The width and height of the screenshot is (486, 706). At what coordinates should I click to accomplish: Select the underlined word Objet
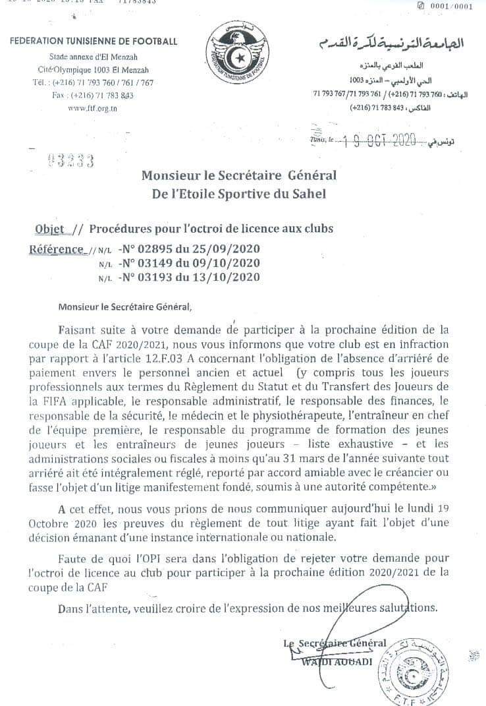pos(49,229)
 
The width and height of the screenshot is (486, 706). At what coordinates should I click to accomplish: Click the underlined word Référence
pos(57,249)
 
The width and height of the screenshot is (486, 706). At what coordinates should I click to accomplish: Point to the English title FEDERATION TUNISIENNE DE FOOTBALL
pos(94,42)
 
